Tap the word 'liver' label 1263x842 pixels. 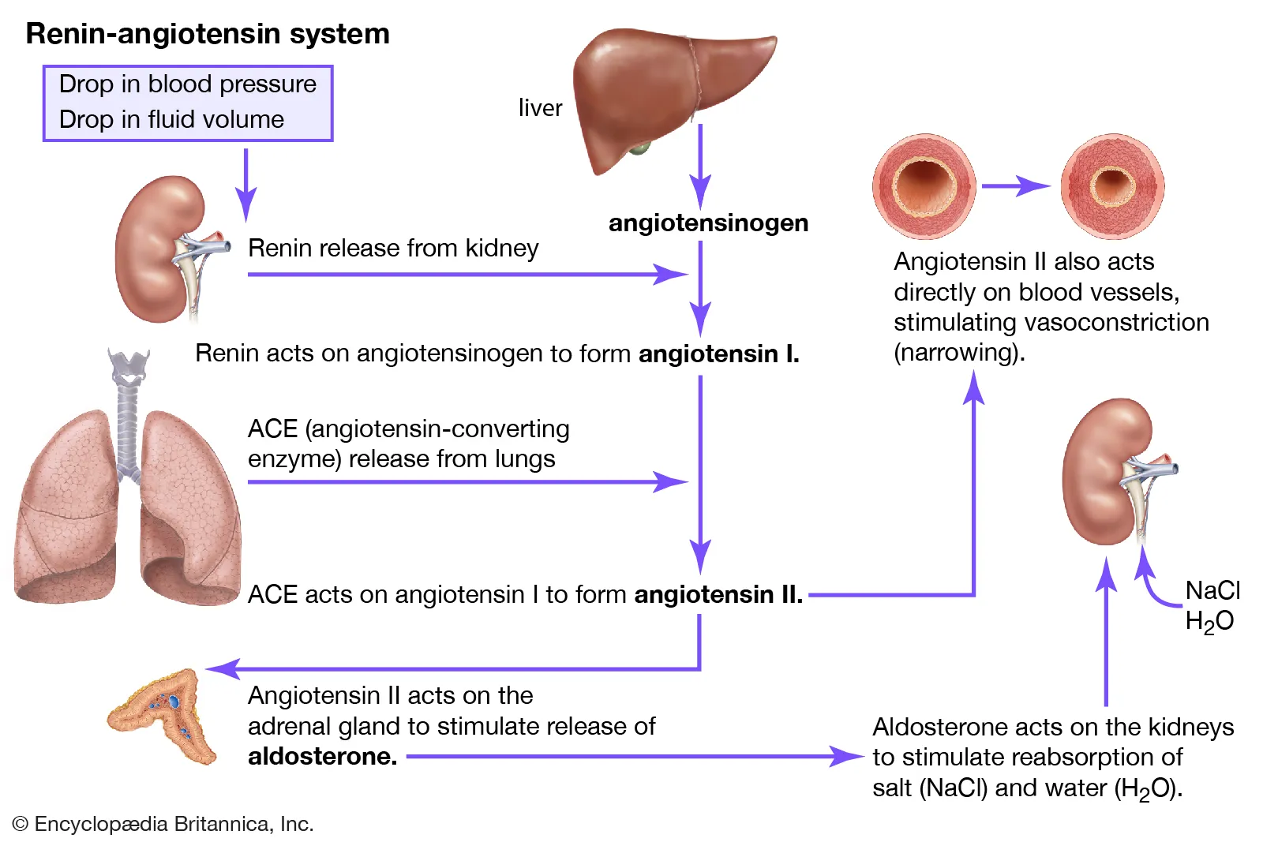540,108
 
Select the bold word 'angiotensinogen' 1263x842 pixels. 708,223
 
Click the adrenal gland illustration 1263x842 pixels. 165,715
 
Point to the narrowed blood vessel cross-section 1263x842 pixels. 1112,186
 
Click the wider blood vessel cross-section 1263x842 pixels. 924,186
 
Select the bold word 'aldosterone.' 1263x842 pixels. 322,757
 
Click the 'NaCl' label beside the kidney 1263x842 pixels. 1212,590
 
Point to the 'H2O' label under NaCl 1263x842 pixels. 1209,622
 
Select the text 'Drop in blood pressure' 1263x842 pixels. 187,84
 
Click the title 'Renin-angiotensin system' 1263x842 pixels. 208,34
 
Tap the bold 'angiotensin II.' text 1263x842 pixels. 718,594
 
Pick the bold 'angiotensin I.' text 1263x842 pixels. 718,354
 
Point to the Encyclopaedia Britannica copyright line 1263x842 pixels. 163,824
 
